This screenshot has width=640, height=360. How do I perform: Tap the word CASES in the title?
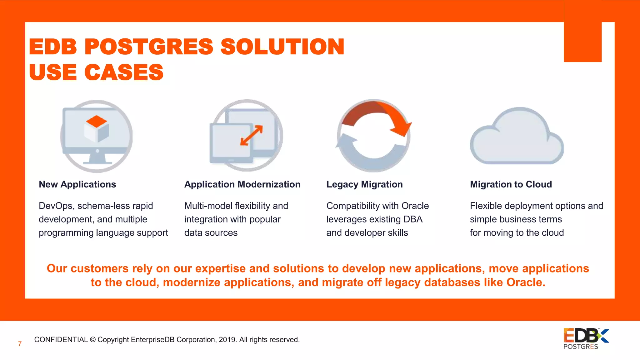click(124, 72)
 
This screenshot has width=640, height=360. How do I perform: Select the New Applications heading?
click(77, 184)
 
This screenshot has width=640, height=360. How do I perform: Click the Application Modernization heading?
click(242, 184)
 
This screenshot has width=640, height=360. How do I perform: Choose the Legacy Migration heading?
click(364, 184)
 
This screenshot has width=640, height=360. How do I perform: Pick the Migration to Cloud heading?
click(511, 184)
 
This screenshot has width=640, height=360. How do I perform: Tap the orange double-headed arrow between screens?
click(251, 135)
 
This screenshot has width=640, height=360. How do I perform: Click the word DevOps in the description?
click(56, 206)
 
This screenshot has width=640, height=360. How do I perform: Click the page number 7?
click(20, 344)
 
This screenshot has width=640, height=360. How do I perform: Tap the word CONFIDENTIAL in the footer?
click(61, 340)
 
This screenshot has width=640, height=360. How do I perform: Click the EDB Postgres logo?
click(585, 338)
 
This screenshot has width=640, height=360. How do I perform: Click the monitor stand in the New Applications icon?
click(97, 158)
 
